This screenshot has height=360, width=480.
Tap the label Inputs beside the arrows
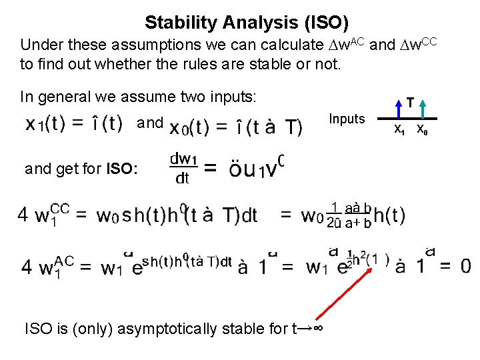(347, 119)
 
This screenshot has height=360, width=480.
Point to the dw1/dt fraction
(181, 169)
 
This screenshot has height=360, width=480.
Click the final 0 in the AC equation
(465, 267)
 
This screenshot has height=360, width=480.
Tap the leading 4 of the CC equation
(23, 215)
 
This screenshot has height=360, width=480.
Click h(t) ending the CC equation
(389, 215)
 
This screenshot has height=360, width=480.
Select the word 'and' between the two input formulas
(150, 123)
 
